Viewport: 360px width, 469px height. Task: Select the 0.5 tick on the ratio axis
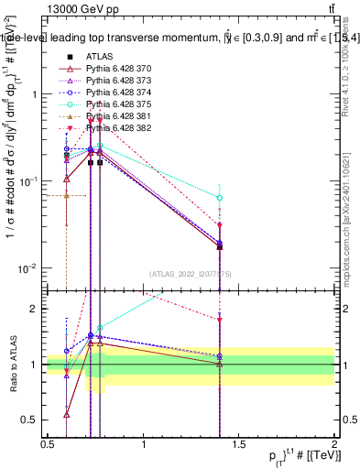29,420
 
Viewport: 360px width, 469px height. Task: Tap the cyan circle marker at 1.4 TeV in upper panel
220,198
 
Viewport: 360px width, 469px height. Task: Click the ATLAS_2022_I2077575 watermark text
191,273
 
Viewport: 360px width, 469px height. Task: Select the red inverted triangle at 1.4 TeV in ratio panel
220,320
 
